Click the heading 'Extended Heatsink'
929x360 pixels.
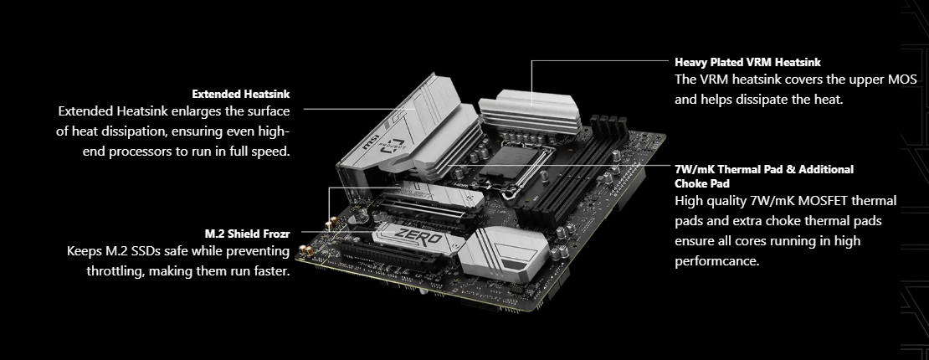point(240,94)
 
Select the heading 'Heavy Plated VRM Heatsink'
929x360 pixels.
point(747,62)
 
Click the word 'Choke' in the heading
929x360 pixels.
point(691,184)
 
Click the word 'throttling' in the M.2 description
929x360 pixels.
point(114,271)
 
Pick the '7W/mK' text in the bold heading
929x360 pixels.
point(692,170)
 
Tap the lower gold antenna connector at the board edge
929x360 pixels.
point(305,251)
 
